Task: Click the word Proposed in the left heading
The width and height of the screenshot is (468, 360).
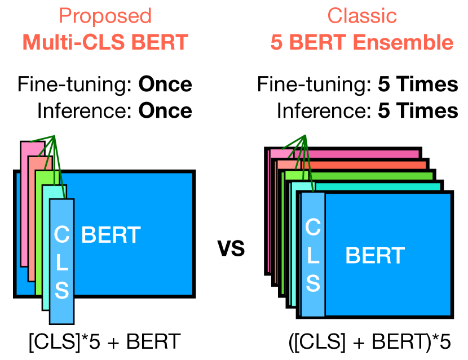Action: tap(105, 16)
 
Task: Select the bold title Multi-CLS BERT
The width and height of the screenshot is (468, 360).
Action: tap(105, 42)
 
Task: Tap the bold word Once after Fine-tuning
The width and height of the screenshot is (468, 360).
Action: tap(165, 85)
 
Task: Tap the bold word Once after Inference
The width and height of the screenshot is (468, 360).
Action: tap(165, 110)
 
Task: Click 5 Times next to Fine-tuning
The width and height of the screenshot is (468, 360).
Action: tap(418, 85)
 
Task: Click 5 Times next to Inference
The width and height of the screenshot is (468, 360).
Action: tap(418, 110)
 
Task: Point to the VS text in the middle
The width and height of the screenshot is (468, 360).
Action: tap(231, 248)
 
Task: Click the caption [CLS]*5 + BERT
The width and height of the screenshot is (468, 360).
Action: tap(104, 341)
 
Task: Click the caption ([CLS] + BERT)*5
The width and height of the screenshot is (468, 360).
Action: tap(369, 342)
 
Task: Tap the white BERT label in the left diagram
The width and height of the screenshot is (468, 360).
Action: tap(111, 234)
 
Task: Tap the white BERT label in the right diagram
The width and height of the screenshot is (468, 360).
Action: tap(375, 256)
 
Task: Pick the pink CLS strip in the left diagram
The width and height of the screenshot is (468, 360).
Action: tap(25, 203)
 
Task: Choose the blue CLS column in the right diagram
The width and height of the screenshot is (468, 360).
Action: tap(313, 254)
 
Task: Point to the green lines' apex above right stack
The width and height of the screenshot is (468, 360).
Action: tap(305, 136)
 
